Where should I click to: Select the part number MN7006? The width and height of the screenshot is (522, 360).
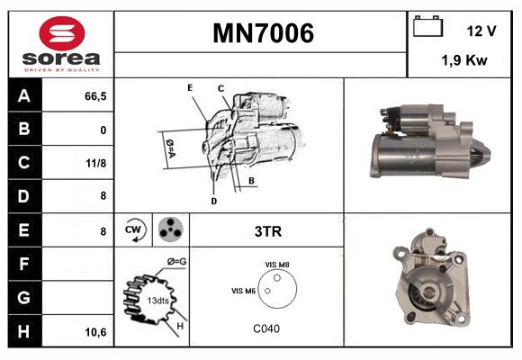[263, 33]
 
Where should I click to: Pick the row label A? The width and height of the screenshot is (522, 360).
[23, 96]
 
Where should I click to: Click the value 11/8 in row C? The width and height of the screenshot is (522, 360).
[95, 164]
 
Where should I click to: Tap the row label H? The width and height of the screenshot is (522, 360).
[23, 330]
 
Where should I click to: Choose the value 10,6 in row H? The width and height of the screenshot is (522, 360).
[95, 332]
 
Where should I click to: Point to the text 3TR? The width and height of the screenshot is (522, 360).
[267, 231]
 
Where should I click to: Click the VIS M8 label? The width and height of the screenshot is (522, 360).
[276, 264]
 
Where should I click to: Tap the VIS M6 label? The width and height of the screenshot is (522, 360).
[244, 291]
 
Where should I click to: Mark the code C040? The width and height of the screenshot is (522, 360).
[266, 328]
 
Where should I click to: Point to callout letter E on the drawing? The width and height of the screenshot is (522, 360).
[190, 86]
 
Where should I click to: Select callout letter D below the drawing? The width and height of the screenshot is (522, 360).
[213, 201]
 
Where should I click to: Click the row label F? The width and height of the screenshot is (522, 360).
[23, 264]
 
